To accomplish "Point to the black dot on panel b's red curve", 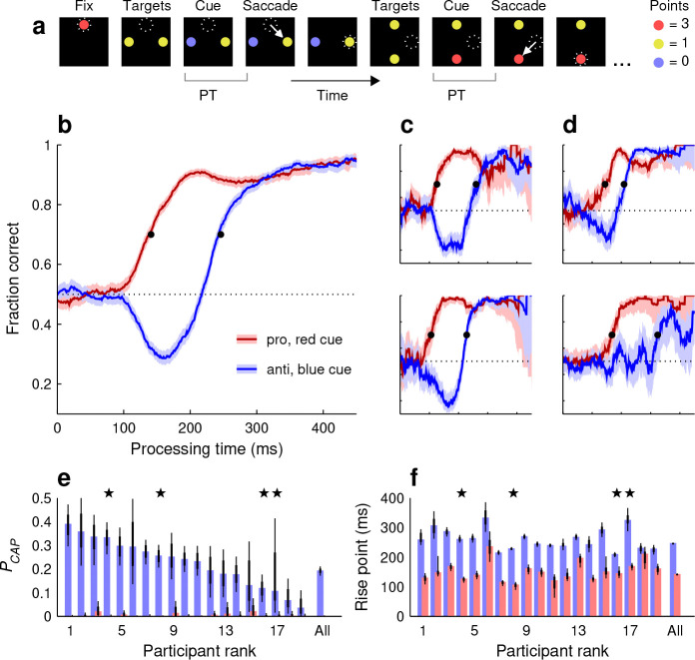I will (x=151, y=235).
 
